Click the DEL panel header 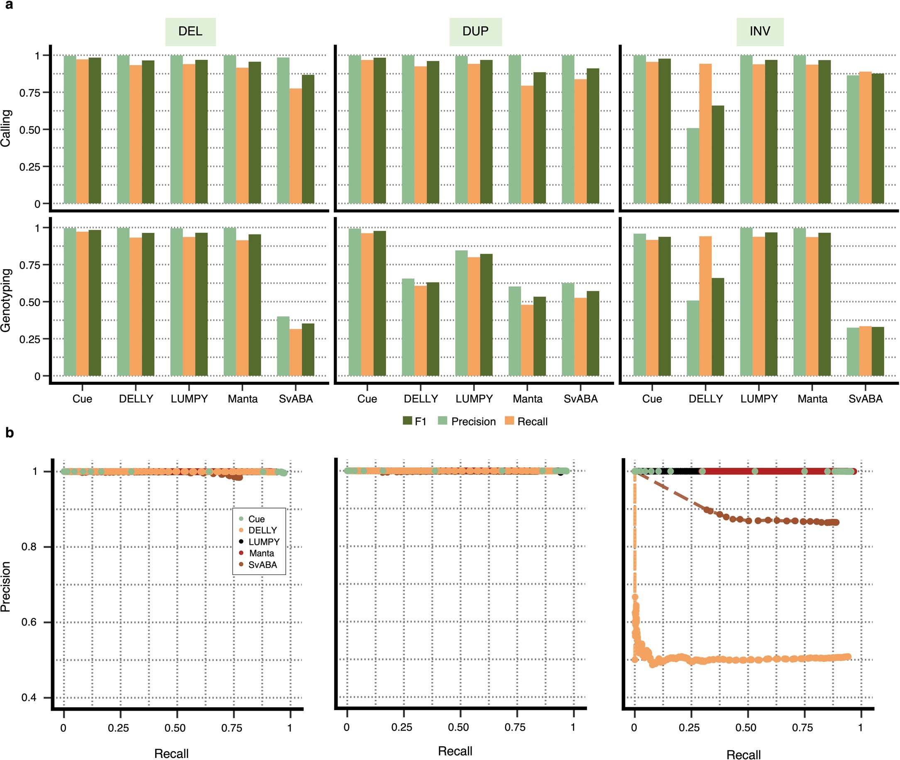[x=190, y=32]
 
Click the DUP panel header [x=475, y=32]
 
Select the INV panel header [x=760, y=32]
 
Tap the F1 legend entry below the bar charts [x=414, y=421]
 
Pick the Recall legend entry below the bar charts [x=526, y=421]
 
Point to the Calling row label [x=6, y=128]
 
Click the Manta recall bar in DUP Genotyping [x=527, y=340]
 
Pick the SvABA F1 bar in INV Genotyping [x=878, y=351]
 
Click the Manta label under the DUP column [x=527, y=399]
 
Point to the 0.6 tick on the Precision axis [x=29, y=622]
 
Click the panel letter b [x=10, y=433]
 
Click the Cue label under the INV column [x=652, y=399]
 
